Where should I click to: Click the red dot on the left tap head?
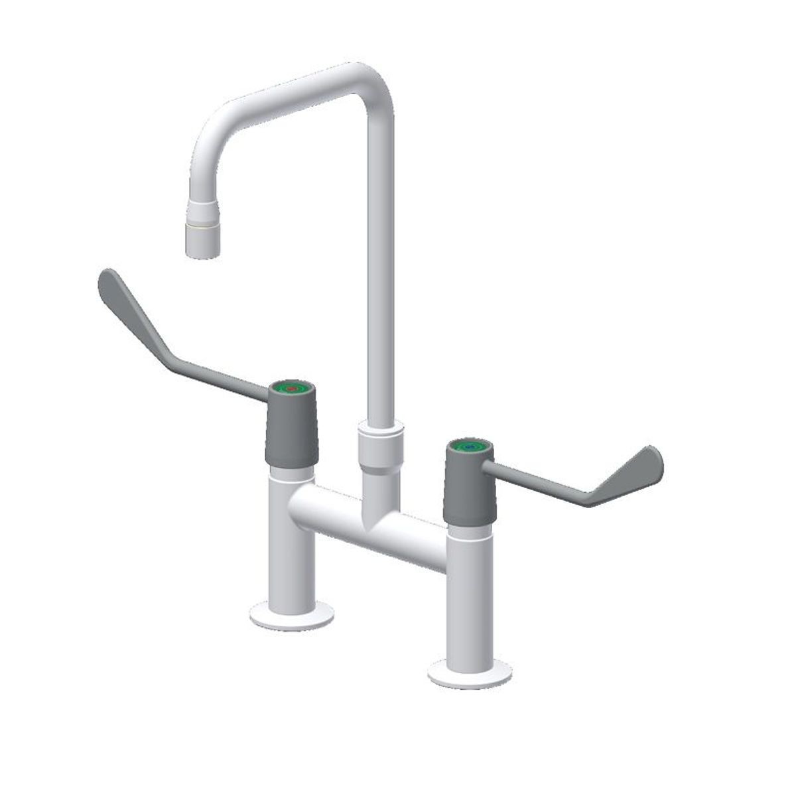click(291, 389)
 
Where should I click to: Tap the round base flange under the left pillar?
click(291, 617)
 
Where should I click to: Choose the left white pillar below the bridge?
click(291, 551)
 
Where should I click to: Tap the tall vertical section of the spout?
click(380, 265)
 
